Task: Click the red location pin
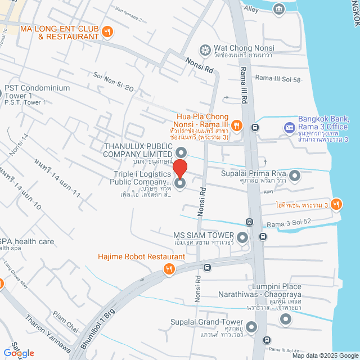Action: (180, 169)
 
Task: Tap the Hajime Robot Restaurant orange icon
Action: (168, 269)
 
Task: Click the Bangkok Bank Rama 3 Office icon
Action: (289, 128)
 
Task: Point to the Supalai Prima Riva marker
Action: (294, 177)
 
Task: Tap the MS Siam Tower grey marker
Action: (242, 237)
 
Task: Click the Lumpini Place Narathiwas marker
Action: (286, 319)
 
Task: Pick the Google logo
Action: (18, 353)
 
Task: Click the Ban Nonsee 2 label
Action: (128, 11)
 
